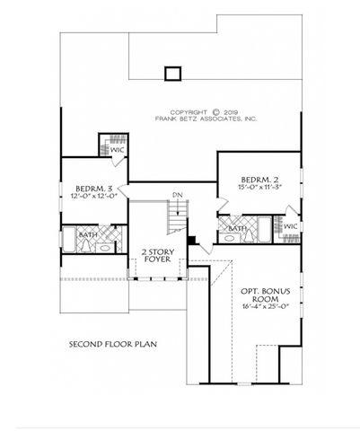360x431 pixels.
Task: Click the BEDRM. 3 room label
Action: pyautogui.click(x=92, y=189)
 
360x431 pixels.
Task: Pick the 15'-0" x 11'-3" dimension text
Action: pyautogui.click(x=256, y=188)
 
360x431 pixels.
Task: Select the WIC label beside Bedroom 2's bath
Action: pyautogui.click(x=290, y=227)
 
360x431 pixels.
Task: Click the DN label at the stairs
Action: pyautogui.click(x=178, y=196)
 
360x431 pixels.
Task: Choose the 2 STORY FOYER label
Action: pyautogui.click(x=157, y=255)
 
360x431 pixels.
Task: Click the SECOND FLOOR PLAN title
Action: pyautogui.click(x=111, y=343)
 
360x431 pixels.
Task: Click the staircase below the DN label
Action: pyautogui.click(x=178, y=215)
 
